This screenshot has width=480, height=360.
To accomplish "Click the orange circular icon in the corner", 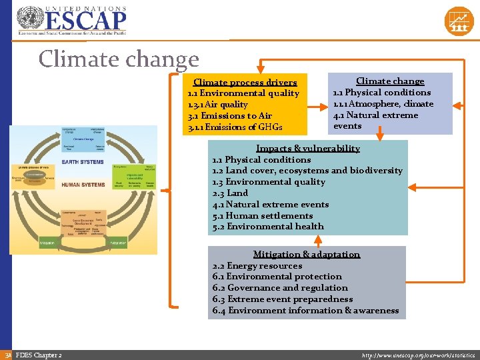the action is (x=459, y=21).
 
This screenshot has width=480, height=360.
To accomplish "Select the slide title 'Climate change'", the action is (x=119, y=59).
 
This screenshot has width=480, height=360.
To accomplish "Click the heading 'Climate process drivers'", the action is (x=245, y=82).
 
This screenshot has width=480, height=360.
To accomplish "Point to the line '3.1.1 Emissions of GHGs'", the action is (x=235, y=127).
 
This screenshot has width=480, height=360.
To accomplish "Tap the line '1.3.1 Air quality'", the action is (x=218, y=104).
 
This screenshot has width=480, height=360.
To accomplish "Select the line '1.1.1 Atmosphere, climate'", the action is (x=383, y=103).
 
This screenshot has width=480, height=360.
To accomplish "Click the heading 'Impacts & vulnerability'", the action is (x=308, y=148).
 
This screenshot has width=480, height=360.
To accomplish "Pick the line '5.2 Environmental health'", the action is (x=268, y=227).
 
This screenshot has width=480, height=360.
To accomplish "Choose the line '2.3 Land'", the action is (x=230, y=193).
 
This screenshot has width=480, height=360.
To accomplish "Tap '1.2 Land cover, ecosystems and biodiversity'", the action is (x=307, y=171).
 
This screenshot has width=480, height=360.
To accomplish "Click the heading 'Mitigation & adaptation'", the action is (x=307, y=254).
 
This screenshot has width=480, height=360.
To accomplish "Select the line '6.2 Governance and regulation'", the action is (x=280, y=288).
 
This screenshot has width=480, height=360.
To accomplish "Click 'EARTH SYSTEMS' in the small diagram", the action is (x=82, y=162).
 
